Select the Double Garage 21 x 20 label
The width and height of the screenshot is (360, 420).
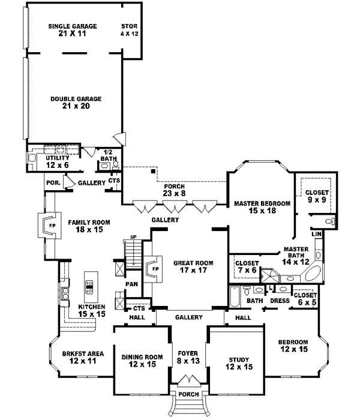coord(76,103)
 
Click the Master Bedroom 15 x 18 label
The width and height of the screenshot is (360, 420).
coord(262,208)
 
